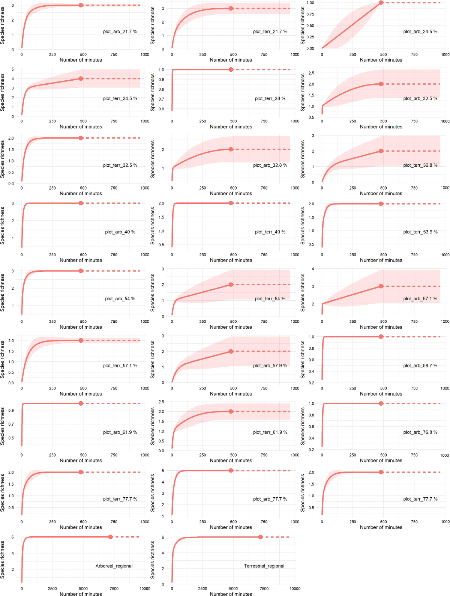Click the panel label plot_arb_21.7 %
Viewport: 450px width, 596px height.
(x=120, y=32)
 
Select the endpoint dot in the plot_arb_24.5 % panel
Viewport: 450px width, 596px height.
(x=381, y=3)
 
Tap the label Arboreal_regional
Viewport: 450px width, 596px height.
(x=114, y=566)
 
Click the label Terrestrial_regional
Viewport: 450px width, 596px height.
(x=264, y=566)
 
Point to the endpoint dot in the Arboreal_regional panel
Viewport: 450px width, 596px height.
(x=110, y=537)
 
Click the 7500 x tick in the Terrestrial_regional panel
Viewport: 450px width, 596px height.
(x=264, y=588)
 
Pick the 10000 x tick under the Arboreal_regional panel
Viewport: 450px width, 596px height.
(x=145, y=588)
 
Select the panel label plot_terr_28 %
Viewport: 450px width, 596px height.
(x=270, y=98)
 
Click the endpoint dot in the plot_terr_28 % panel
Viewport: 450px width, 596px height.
(x=231, y=69)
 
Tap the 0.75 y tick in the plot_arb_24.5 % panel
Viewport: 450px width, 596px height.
(x=310, y=14)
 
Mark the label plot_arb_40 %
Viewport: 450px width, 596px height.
(x=120, y=232)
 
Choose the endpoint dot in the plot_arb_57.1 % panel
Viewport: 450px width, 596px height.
(x=381, y=286)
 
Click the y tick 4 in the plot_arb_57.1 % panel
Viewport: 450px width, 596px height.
(x=313, y=269)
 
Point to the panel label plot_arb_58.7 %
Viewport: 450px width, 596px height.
(x=420, y=366)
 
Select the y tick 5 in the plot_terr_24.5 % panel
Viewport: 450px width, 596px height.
(x=12, y=69)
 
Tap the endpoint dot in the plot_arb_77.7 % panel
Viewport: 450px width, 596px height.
(x=231, y=471)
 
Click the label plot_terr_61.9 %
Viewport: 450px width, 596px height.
(x=270, y=432)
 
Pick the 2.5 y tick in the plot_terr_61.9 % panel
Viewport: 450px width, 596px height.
(x=161, y=402)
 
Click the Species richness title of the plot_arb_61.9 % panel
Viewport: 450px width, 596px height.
(x=3, y=426)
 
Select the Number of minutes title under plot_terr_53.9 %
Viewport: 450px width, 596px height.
(x=381, y=260)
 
